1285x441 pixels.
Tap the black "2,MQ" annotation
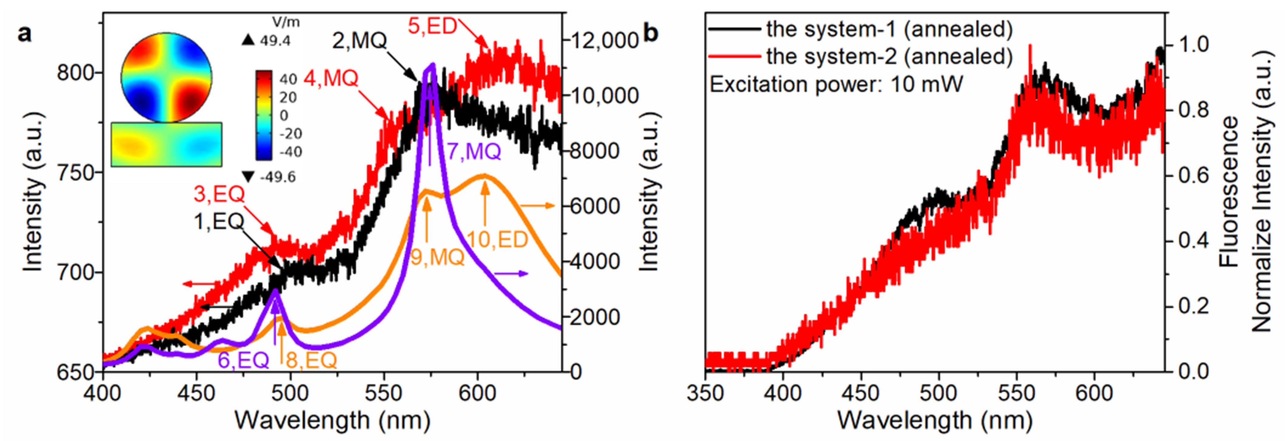pyautogui.click(x=359, y=41)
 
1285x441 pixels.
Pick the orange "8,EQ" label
pyautogui.click(x=311, y=360)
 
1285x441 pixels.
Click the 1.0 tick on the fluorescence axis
pyautogui.click(x=1194, y=44)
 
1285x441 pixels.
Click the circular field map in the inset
pyautogui.click(x=166, y=78)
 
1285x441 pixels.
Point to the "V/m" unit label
pyautogui.click(x=286, y=22)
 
